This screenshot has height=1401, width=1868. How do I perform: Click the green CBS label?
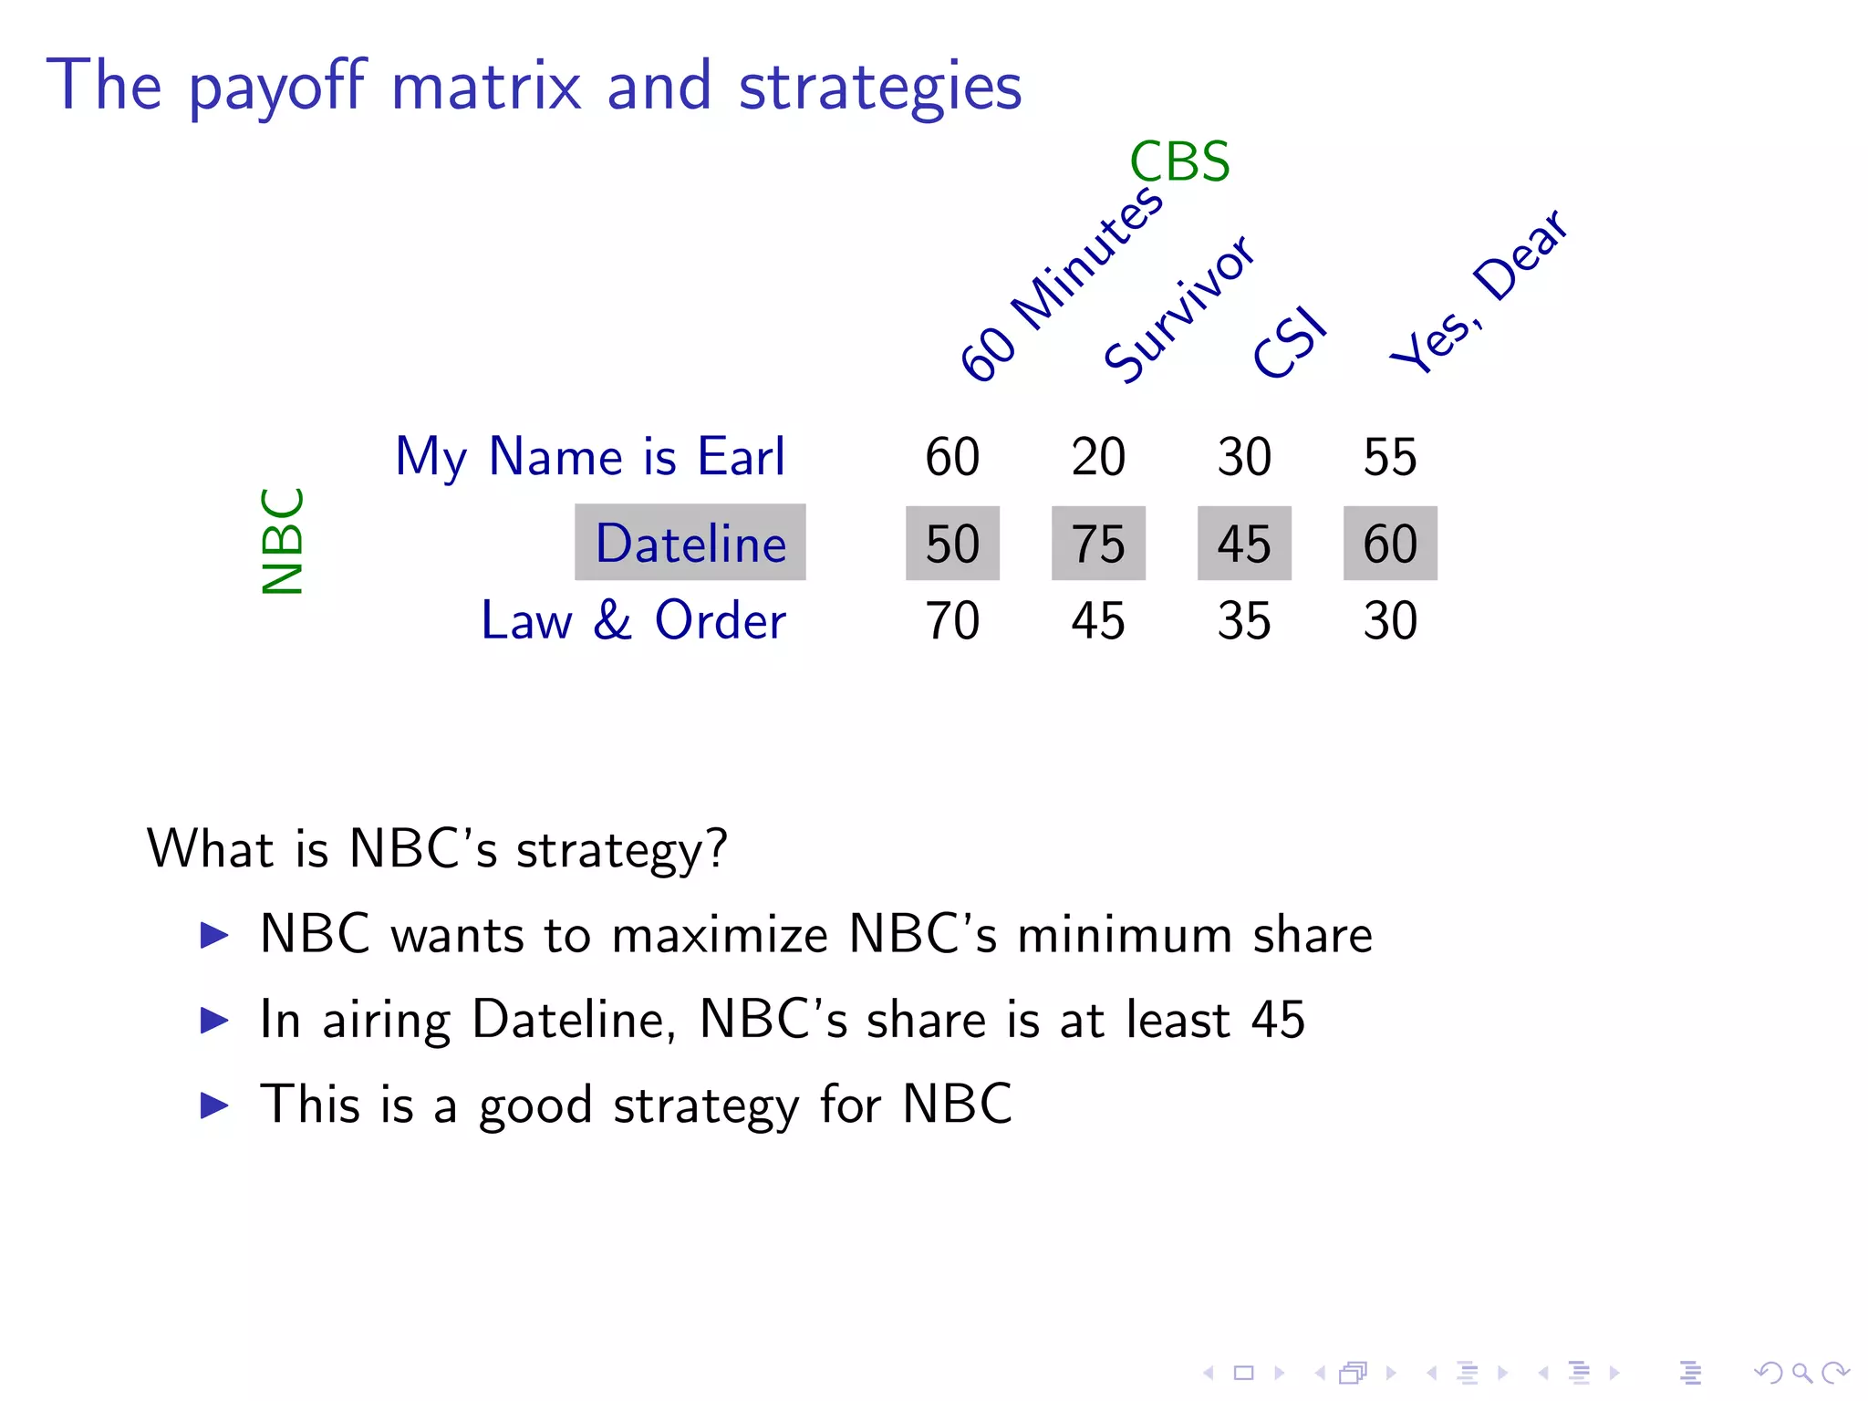click(x=1178, y=162)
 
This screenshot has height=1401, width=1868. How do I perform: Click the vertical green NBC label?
click(x=282, y=541)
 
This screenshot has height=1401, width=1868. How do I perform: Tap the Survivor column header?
click(x=1179, y=307)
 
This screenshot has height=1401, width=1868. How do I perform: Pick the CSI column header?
click(x=1290, y=343)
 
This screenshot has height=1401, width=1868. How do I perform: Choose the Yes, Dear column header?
click(x=1479, y=291)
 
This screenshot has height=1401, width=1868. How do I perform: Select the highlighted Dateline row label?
click(x=690, y=543)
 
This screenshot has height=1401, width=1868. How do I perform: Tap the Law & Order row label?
click(x=633, y=621)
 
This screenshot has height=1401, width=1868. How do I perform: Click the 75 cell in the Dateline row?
click(x=1098, y=544)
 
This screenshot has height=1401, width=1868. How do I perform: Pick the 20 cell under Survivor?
click(x=1098, y=457)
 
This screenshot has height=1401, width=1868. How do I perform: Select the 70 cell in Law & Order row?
click(x=952, y=621)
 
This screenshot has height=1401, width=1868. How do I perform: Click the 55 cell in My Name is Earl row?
click(x=1390, y=457)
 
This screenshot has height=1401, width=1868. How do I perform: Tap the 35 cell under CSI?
click(x=1244, y=621)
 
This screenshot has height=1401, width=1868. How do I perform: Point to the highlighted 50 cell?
click(x=952, y=544)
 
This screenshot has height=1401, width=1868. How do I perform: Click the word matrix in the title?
click(x=486, y=87)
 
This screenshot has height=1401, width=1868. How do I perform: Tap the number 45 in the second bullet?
click(x=1278, y=1019)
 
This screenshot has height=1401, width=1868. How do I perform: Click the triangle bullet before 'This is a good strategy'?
click(x=214, y=1105)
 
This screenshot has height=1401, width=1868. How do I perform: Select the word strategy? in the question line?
click(x=622, y=850)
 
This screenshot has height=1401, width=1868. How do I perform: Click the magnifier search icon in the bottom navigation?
click(x=1801, y=1372)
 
